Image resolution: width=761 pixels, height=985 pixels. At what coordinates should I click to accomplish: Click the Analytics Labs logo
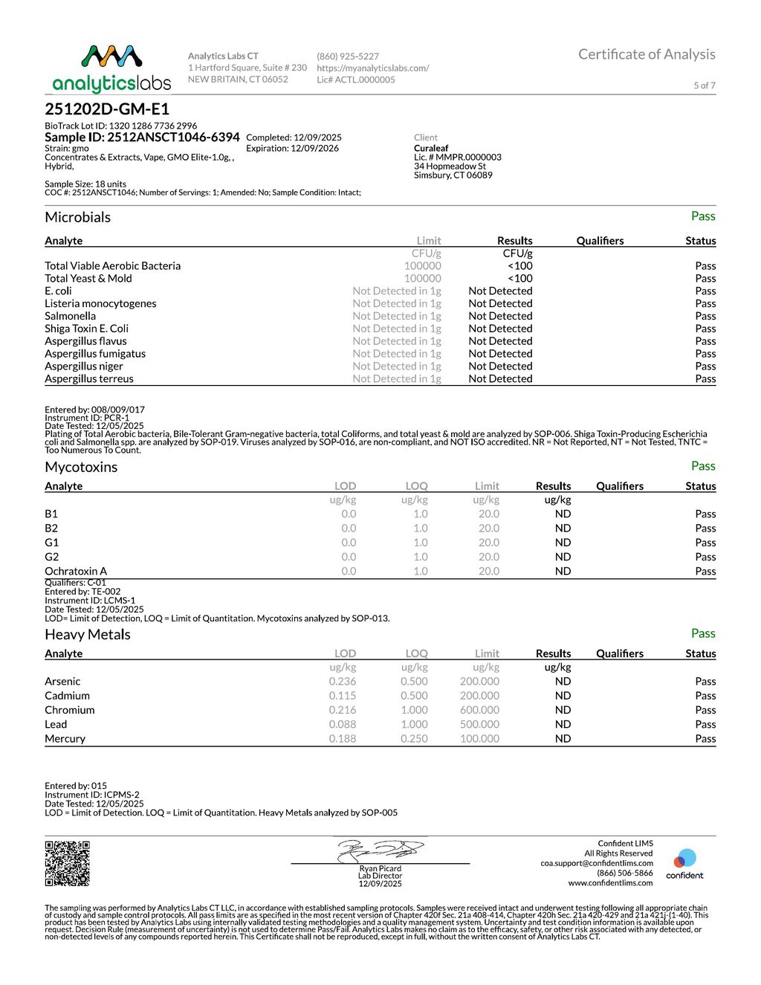111,68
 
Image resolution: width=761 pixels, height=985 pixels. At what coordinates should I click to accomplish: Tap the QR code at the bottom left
67,863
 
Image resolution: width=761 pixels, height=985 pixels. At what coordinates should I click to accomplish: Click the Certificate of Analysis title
647,54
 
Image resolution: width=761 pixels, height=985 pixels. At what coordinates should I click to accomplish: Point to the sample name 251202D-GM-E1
107,109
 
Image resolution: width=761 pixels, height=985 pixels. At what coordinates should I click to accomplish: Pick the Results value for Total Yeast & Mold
519,278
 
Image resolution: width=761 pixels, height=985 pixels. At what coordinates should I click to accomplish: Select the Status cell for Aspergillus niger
705,366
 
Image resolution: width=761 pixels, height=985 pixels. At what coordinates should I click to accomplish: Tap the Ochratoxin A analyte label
76,571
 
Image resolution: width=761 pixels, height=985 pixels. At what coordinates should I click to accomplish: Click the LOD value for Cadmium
342,696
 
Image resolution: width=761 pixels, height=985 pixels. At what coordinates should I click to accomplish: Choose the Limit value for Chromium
479,710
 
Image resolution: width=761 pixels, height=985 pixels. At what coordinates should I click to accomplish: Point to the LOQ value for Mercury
414,738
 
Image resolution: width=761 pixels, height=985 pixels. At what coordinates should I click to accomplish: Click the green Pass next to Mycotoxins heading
702,466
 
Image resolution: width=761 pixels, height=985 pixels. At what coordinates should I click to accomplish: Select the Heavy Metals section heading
88,635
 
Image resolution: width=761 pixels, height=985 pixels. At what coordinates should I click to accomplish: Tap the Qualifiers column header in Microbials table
600,241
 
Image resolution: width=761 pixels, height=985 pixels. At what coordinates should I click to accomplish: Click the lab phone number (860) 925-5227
348,56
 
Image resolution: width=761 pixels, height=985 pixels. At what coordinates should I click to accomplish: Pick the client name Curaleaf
431,148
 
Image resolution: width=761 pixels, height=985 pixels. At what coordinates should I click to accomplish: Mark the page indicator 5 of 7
704,85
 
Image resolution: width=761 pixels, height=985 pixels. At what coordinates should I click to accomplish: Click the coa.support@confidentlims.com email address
596,863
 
